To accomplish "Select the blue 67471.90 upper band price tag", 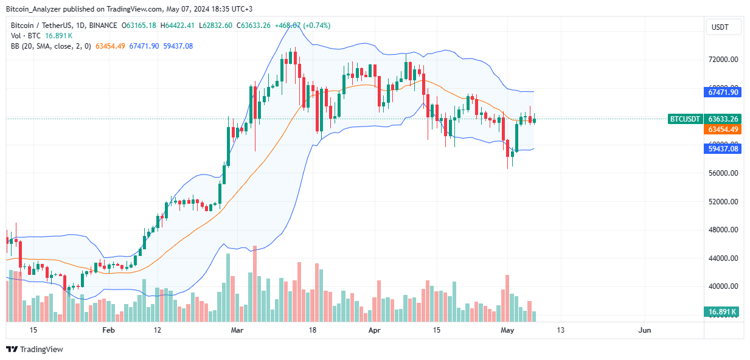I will pyautogui.click(x=723, y=92).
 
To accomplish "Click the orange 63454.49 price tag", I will pyautogui.click(x=723, y=130).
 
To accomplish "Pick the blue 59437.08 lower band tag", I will pyautogui.click(x=723, y=148).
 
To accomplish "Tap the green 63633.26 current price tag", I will pyautogui.click(x=723, y=119).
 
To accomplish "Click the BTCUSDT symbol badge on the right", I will pyautogui.click(x=685, y=119).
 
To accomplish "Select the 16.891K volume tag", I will pyautogui.click(x=723, y=312).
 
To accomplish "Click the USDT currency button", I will pyautogui.click(x=723, y=27).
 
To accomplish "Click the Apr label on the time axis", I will pyautogui.click(x=375, y=330).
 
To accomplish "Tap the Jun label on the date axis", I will pyautogui.click(x=645, y=330).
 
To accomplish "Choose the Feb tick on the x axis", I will pyautogui.click(x=108, y=330).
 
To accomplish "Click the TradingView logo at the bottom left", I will pyautogui.click(x=35, y=349).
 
